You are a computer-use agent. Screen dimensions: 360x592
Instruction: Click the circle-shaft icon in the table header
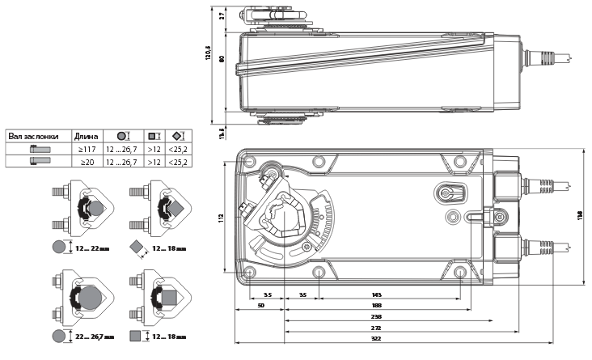(x=121, y=136)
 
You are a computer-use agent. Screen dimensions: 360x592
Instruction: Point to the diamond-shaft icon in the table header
(x=178, y=136)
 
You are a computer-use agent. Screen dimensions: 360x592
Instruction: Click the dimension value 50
(x=259, y=307)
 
